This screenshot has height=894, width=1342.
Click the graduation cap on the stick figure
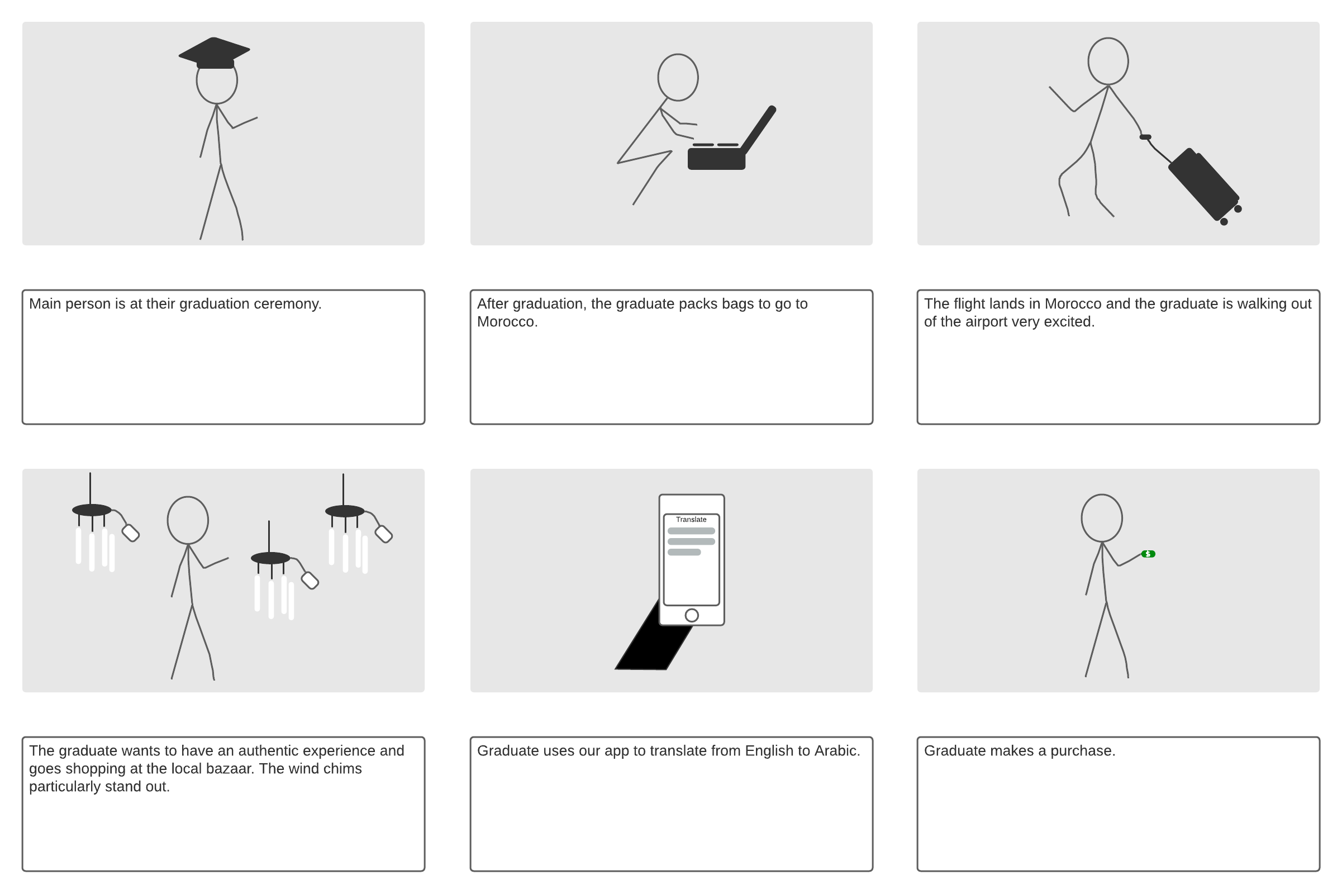pyautogui.click(x=214, y=53)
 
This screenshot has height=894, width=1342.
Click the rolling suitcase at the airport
pyautogui.click(x=1202, y=184)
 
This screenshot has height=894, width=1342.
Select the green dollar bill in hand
pyautogui.click(x=1148, y=554)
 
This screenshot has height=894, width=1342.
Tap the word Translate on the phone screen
pyautogui.click(x=691, y=520)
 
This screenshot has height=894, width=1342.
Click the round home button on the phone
pyautogui.click(x=691, y=615)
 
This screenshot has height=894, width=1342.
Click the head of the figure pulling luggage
pyautogui.click(x=1108, y=61)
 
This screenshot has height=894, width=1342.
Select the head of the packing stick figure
pyautogui.click(x=677, y=78)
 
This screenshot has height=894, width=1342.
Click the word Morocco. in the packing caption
pyautogui.click(x=507, y=322)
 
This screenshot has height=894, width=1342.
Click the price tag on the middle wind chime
pyautogui.click(x=310, y=581)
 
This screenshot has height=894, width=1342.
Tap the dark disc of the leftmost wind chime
pyautogui.click(x=91, y=510)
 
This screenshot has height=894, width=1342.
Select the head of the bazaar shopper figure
pyautogui.click(x=188, y=520)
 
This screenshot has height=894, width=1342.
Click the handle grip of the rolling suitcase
pyautogui.click(x=1145, y=137)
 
